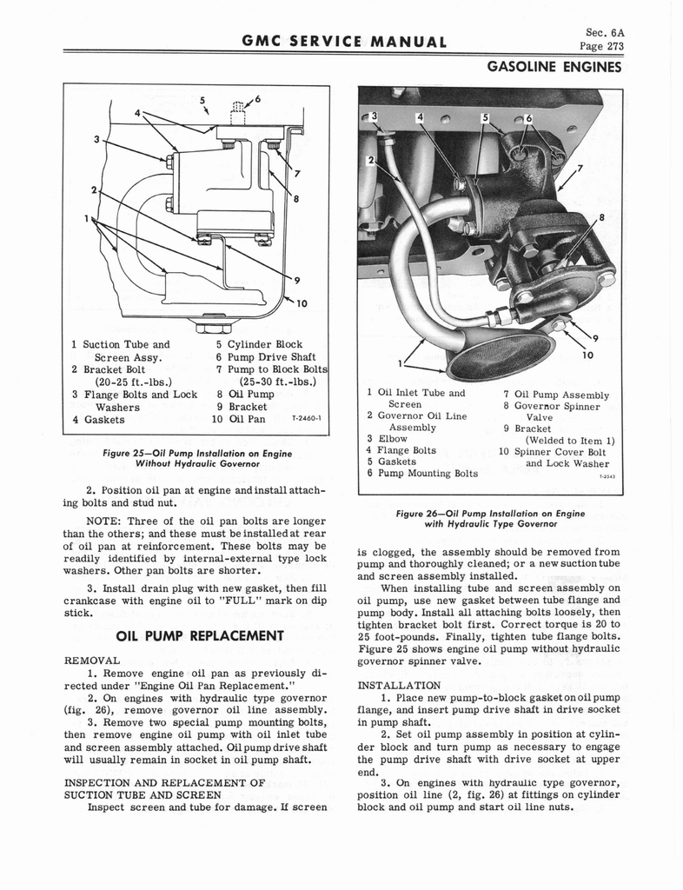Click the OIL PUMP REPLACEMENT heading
(x=202, y=635)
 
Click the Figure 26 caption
(x=490, y=519)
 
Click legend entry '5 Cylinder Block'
(x=259, y=343)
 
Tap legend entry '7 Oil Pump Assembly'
(x=556, y=395)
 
